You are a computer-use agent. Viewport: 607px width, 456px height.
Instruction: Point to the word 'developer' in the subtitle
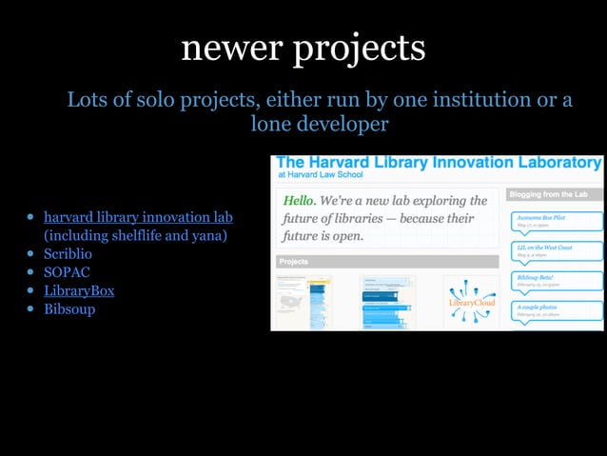click(343, 124)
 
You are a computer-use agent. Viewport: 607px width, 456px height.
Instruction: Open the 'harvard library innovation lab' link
click(138, 217)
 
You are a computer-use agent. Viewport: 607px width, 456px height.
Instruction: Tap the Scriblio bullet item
click(69, 254)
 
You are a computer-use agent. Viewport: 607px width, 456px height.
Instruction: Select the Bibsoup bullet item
click(69, 308)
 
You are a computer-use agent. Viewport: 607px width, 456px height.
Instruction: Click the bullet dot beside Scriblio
click(31, 254)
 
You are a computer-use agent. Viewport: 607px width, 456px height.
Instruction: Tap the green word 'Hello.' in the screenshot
click(299, 201)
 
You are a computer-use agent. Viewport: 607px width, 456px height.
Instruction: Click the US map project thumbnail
click(291, 302)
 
